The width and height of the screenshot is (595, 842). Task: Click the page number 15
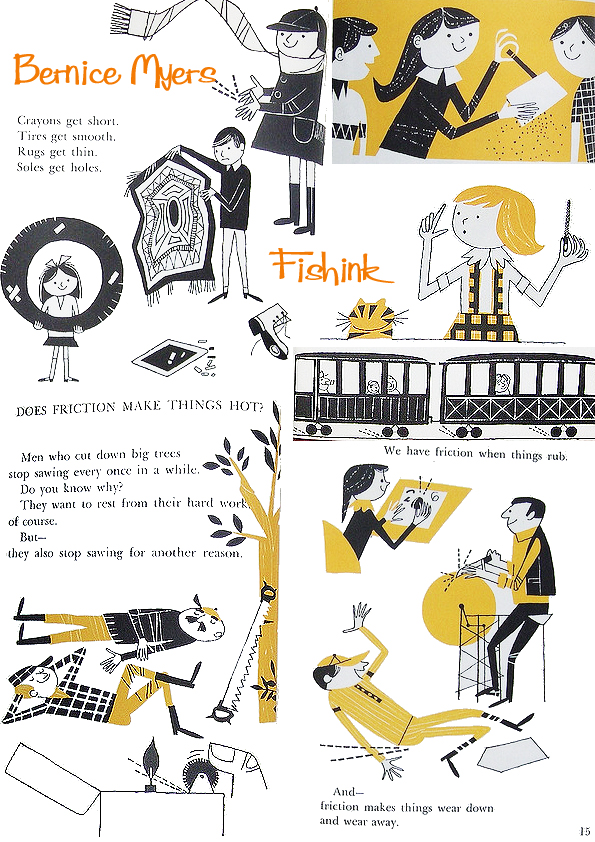584,830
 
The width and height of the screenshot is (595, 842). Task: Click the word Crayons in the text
37,120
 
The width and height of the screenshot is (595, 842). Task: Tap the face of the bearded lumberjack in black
205,629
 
